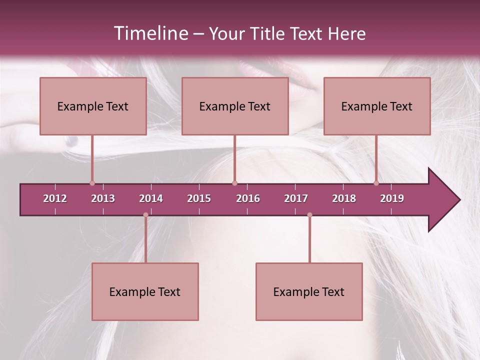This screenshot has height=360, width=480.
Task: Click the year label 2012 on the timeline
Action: click(55, 198)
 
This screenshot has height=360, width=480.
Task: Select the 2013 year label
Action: click(103, 198)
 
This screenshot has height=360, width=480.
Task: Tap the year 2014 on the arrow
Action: click(151, 198)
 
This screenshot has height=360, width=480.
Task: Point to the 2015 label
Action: click(199, 198)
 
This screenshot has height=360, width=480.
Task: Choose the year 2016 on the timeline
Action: click(248, 198)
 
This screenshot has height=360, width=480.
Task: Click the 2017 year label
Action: click(296, 198)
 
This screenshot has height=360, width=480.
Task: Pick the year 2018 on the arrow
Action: click(344, 198)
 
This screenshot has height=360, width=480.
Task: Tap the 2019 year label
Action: click(392, 198)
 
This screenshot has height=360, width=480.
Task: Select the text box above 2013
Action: click(93, 106)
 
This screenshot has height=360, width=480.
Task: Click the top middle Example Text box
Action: click(235, 106)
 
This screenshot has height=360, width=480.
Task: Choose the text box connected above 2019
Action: click(377, 106)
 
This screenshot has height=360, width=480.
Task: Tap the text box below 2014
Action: click(145, 291)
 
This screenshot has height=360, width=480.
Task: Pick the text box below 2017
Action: click(309, 291)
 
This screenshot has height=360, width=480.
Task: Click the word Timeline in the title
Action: click(150, 33)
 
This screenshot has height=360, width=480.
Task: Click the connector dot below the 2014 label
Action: click(145, 215)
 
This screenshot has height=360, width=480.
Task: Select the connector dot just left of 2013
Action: click(92, 183)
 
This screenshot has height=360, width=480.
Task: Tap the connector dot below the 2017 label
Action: click(309, 215)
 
